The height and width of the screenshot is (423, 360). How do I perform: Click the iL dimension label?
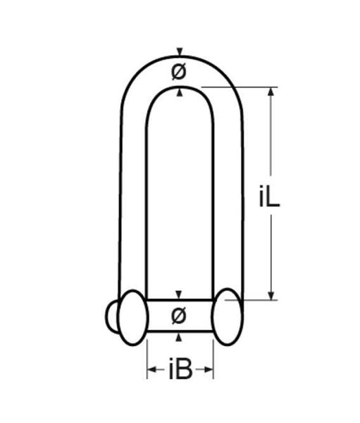coord(269,197)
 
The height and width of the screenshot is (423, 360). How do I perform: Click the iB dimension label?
coord(180,369)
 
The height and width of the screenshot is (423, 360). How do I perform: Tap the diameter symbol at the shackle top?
coord(179,72)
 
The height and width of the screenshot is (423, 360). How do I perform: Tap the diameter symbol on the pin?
coord(179,315)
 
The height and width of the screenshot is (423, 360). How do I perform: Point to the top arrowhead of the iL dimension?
coord(271,92)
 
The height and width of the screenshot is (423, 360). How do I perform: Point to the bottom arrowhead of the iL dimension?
coord(271,295)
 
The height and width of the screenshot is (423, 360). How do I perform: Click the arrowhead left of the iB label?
coord(152,369)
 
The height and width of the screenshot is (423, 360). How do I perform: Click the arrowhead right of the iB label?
coord(209,369)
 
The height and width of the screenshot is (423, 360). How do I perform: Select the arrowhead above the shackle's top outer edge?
coord(180,51)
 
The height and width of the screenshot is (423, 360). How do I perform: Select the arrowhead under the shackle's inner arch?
coord(180,92)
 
